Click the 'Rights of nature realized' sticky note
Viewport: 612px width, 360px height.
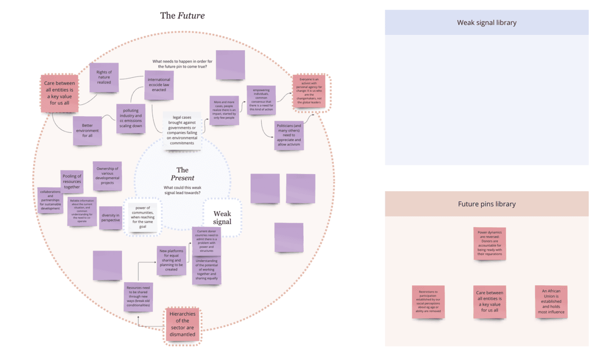(104, 77)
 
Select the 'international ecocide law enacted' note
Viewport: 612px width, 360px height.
(159, 85)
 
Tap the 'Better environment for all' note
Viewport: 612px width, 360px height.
(87, 131)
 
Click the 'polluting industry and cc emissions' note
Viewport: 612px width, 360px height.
(131, 118)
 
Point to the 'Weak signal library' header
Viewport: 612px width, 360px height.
(486, 22)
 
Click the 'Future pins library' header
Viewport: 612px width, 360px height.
(486, 204)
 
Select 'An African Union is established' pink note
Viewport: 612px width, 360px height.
(551, 301)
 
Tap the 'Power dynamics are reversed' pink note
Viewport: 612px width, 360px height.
(490, 243)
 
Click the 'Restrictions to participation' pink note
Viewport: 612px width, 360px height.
(428, 302)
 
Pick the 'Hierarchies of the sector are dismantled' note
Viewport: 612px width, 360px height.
(182, 324)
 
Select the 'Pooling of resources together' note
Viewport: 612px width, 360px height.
(72, 181)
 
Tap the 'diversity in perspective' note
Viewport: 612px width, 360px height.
(110, 218)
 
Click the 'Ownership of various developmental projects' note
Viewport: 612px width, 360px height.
(107, 175)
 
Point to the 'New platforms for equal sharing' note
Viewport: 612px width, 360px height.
(171, 261)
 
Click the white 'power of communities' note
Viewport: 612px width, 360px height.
(142, 217)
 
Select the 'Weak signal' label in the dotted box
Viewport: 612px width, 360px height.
(222, 218)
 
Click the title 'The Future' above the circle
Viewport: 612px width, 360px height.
(182, 16)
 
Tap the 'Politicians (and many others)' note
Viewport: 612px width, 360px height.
(289, 135)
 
